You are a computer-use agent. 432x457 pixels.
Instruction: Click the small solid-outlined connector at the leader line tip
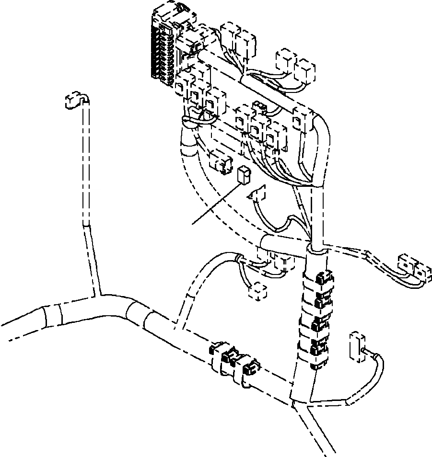(x=244, y=176)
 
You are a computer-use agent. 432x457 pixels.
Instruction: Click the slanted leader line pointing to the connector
(x=216, y=204)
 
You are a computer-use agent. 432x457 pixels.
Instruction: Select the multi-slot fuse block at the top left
(x=163, y=46)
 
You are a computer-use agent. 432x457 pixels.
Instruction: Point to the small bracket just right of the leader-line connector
(x=258, y=194)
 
